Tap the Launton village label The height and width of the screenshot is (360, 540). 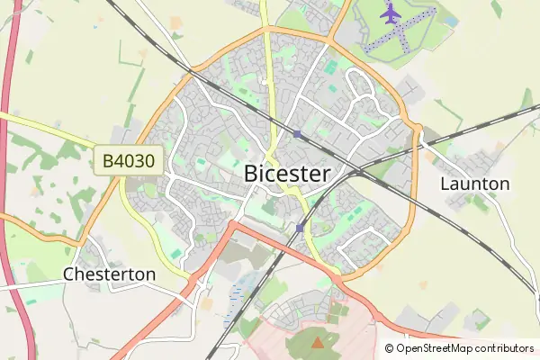click(x=475, y=184)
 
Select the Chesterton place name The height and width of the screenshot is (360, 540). click(x=109, y=274)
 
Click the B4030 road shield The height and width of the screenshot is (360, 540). click(x=130, y=162)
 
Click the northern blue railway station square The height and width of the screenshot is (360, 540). click(x=297, y=134)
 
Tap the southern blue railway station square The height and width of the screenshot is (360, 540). click(x=300, y=229)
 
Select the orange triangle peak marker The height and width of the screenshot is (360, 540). click(x=317, y=342)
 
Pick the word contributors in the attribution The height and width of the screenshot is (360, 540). click(x=505, y=348)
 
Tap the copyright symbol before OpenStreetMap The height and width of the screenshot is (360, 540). click(x=390, y=348)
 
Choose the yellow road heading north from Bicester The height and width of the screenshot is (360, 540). click(x=268, y=54)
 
